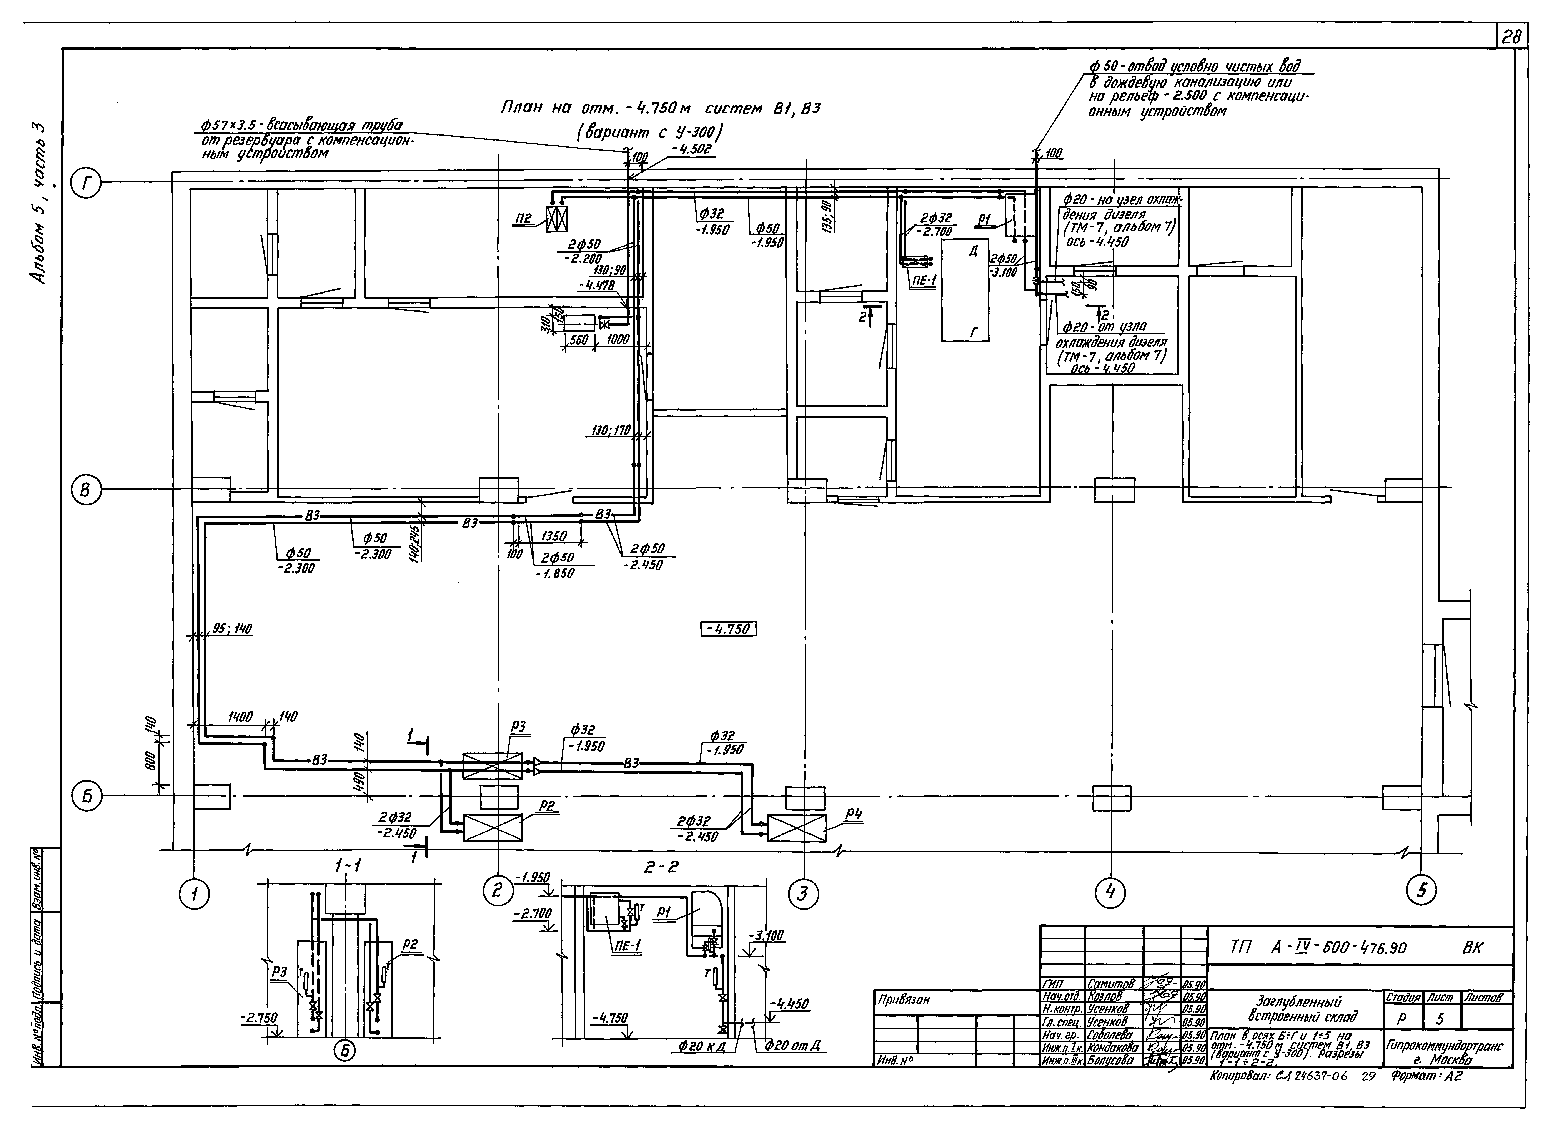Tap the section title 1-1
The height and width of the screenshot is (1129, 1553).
pyautogui.click(x=349, y=867)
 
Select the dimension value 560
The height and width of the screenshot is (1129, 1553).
pyautogui.click(x=579, y=339)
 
